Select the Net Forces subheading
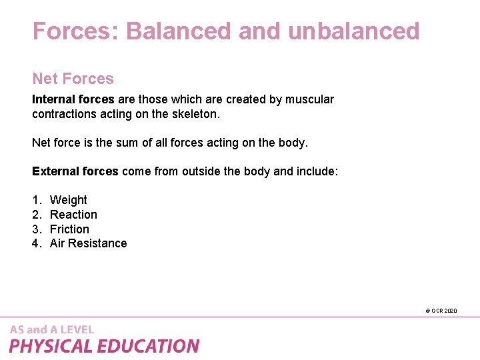tap(73, 79)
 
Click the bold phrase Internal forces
tap(73, 99)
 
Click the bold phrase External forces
tap(75, 171)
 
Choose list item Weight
tap(68, 200)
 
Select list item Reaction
tap(73, 215)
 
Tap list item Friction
tap(69, 229)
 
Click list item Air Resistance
tap(88, 243)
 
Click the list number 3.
tap(36, 229)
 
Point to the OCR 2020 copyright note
tap(441, 311)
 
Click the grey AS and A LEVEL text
tap(52, 329)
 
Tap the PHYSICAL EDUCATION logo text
tap(104, 346)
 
